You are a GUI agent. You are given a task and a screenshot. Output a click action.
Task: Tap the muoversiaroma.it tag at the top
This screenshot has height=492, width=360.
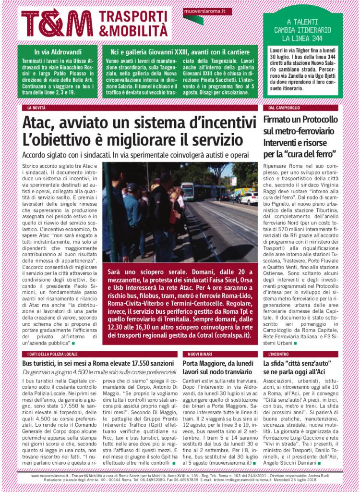click(x=201, y=11)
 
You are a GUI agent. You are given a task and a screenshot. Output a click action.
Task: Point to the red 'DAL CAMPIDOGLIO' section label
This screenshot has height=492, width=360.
click(x=284, y=108)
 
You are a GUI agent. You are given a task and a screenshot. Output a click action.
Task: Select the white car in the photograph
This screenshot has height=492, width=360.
click(x=248, y=198)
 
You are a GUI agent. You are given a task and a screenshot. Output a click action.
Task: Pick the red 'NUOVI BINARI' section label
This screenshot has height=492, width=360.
click(x=197, y=354)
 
